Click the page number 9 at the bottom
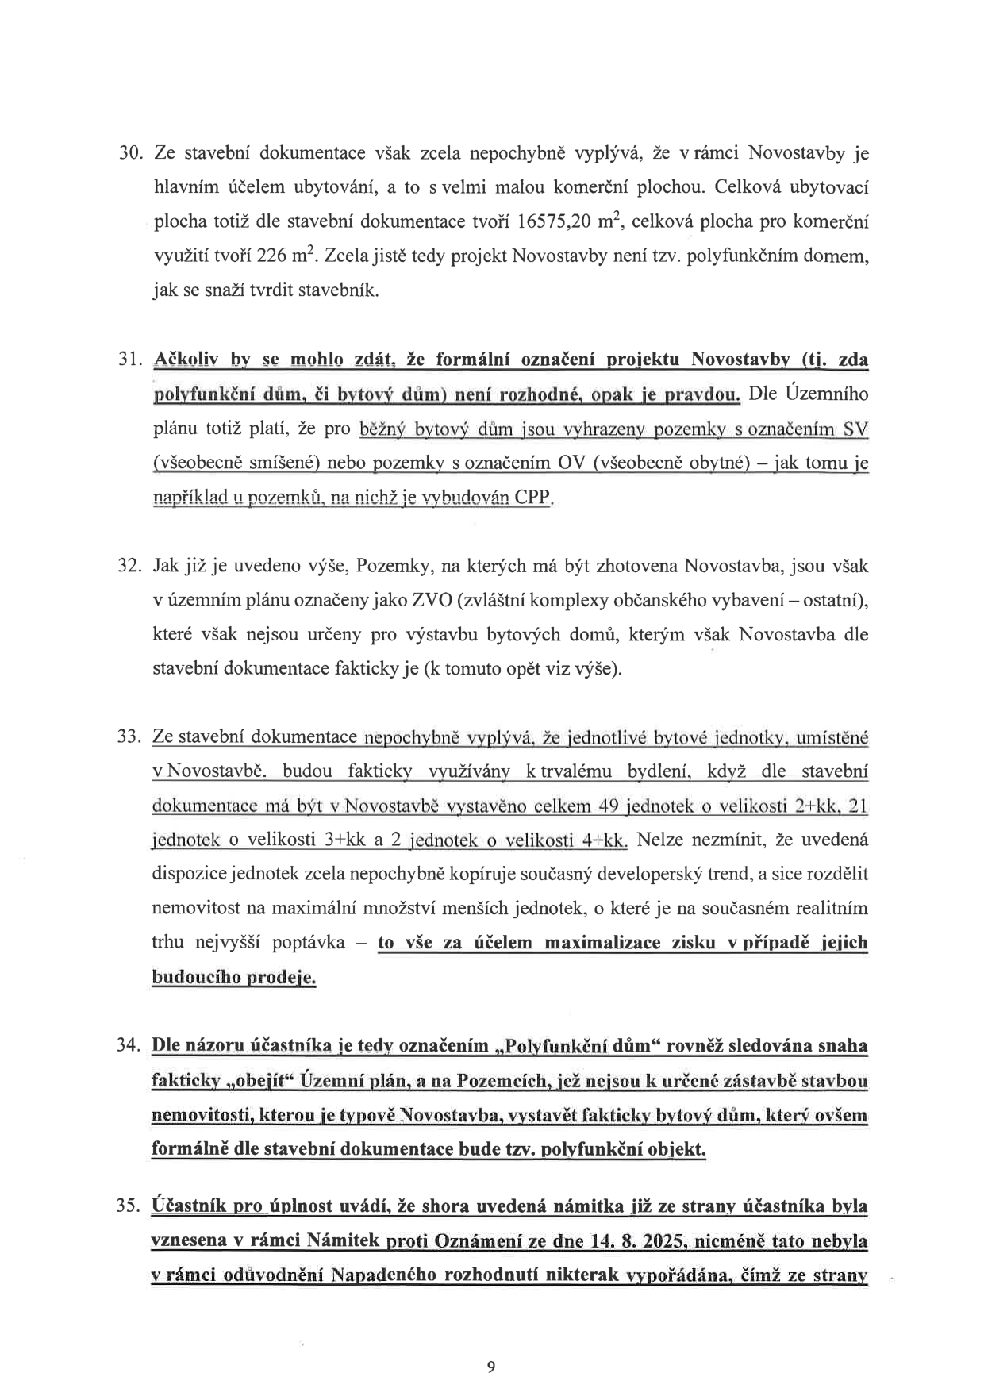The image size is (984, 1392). [491, 1366]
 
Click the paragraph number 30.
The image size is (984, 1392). [129, 153]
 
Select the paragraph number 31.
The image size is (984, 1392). [129, 360]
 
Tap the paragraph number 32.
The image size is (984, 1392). [129, 566]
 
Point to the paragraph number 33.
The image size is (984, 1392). [129, 737]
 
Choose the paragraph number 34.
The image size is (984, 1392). [129, 1045]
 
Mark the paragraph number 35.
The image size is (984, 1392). [129, 1206]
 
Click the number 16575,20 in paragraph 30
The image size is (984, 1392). [553, 222]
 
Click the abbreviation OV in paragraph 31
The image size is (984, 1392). [571, 463]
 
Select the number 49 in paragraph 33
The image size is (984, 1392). [609, 806]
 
